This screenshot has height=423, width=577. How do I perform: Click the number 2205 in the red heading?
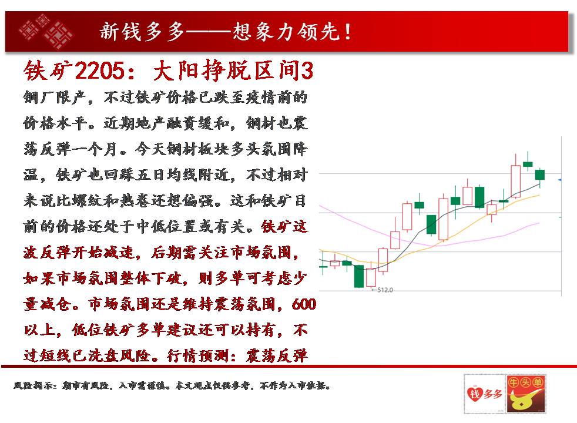[x=100, y=70]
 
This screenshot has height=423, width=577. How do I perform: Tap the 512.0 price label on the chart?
[x=385, y=290]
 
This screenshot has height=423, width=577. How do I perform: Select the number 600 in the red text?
[x=304, y=304]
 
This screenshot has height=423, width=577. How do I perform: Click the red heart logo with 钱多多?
[x=484, y=394]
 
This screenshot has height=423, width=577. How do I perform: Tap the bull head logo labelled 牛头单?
[x=526, y=394]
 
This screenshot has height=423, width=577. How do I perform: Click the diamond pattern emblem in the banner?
[x=46, y=31]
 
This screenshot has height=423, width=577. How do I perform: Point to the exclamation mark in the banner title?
[x=347, y=32]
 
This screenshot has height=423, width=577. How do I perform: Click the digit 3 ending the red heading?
[x=307, y=70]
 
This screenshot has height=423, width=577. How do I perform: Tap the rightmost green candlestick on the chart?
[x=539, y=174]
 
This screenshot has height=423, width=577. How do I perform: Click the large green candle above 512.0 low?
[x=359, y=276]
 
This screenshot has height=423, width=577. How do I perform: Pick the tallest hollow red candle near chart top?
[x=515, y=182]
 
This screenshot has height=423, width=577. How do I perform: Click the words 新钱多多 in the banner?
[x=142, y=32]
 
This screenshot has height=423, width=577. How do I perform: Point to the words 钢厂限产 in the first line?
[x=55, y=98]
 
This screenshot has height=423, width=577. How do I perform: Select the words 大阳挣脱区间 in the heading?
[x=226, y=70]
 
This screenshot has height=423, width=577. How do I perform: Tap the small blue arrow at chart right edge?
[x=560, y=180]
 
